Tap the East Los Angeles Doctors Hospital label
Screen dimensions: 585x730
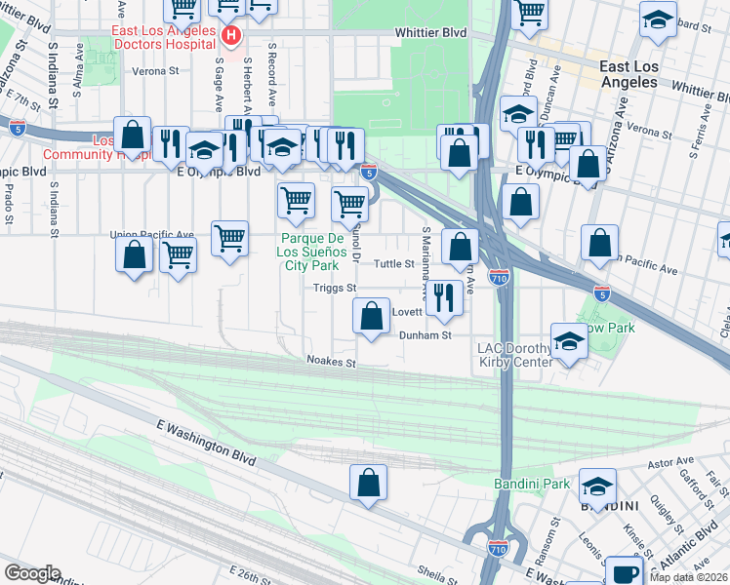[x=163, y=37]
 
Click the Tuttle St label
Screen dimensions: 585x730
[x=395, y=264]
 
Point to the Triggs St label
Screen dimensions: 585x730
[x=335, y=288]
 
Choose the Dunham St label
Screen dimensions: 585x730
[x=425, y=335]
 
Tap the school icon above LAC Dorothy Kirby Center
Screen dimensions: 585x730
[x=569, y=341]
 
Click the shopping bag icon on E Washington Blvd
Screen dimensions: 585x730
[x=368, y=483]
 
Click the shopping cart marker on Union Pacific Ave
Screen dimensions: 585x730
[x=229, y=237]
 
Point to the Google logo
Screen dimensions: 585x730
[x=32, y=573]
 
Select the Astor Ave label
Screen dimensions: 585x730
[x=673, y=460]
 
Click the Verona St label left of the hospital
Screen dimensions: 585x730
[x=156, y=71]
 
